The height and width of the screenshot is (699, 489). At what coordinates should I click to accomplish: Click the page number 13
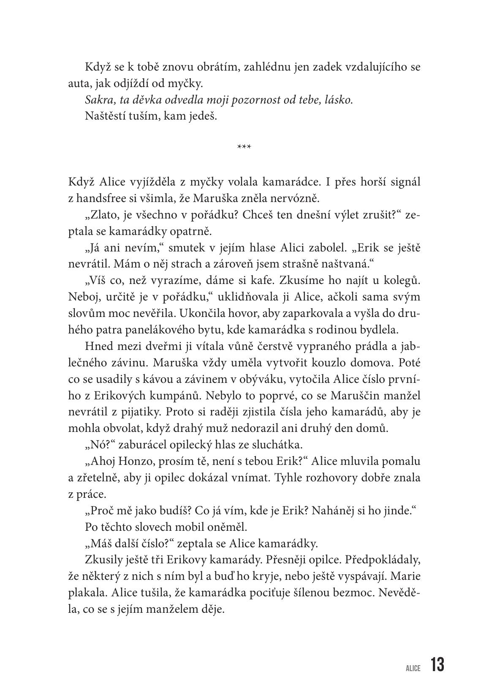pyautogui.click(x=437, y=665)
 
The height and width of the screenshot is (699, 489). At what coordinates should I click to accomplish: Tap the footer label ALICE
pyautogui.click(x=413, y=668)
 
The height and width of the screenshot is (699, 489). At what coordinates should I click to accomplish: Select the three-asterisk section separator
pyautogui.click(x=244, y=147)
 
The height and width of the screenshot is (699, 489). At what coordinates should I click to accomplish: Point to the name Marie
pyautogui.click(x=405, y=576)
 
